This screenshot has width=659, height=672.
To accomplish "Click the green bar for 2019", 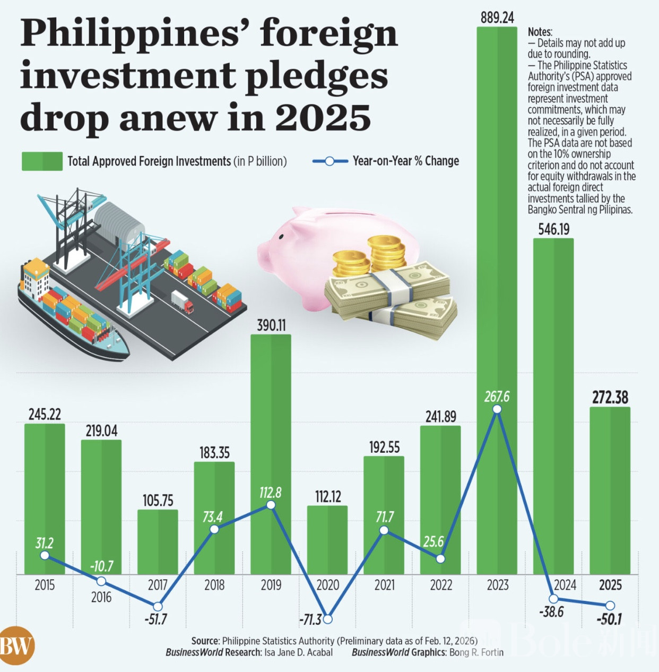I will coord(271,425).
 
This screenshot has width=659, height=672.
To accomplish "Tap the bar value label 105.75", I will coord(158,501).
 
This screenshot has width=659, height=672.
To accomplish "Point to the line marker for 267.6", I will coord(497,409).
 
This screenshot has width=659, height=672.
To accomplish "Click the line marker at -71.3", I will coord(328,619).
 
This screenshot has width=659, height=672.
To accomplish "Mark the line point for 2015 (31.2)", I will coord(45,555).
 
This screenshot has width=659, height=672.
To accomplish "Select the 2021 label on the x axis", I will coord(385,585).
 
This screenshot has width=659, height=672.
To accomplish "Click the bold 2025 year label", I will coord(610,585).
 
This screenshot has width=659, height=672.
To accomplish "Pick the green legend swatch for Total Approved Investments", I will coord(42,161).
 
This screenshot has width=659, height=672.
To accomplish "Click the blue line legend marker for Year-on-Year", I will coord(329,161).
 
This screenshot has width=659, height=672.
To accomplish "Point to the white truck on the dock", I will coord(182,301).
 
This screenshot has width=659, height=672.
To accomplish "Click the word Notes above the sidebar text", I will coord(540,32).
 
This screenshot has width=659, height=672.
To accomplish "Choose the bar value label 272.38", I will coord(610,397).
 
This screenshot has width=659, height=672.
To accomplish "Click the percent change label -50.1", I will coord(609,619).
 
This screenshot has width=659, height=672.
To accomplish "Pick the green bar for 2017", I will coord(158,541).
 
